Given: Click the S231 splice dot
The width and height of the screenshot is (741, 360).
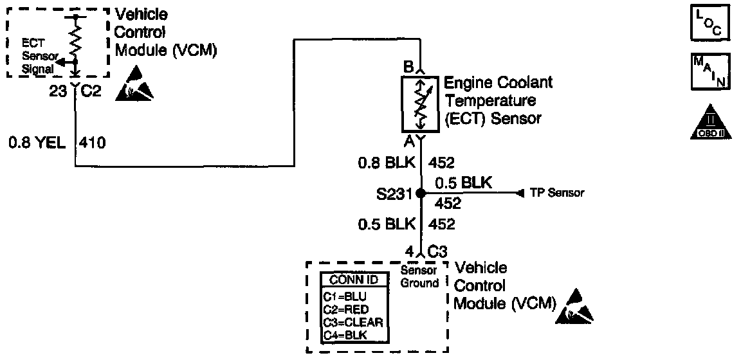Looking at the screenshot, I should [x=420, y=193].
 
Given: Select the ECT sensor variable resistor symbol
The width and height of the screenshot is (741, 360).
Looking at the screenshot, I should [x=420, y=103].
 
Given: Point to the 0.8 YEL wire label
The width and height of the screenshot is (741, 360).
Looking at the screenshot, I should [x=37, y=142].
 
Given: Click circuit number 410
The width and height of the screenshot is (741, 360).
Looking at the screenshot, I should [x=91, y=142].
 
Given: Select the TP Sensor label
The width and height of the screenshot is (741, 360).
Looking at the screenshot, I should [x=556, y=193].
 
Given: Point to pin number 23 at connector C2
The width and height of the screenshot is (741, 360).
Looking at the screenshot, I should [x=58, y=92].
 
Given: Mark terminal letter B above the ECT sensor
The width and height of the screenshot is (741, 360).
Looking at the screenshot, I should [x=407, y=67].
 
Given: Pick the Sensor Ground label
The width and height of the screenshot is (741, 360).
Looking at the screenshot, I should [x=419, y=276].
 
